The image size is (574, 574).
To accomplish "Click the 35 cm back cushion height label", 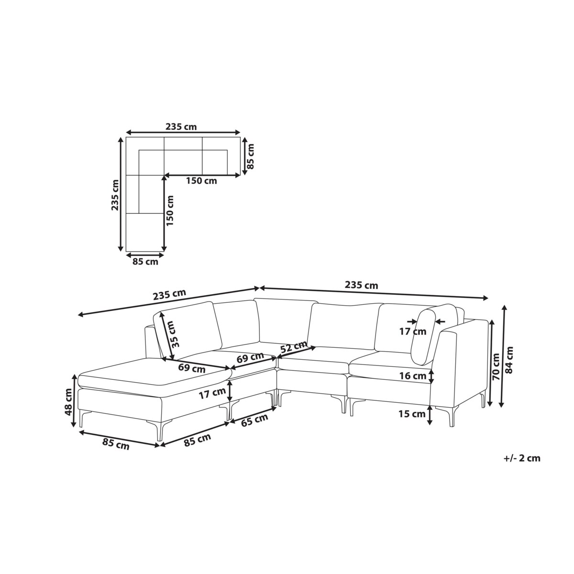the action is [x=176, y=334].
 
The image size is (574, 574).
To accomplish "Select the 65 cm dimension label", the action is [x=254, y=420].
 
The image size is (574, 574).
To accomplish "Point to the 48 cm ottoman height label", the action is [x=69, y=401].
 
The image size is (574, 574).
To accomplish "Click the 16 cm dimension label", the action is [x=413, y=376].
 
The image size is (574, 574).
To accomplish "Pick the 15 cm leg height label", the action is [x=412, y=414].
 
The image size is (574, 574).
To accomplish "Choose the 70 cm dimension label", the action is [x=496, y=367].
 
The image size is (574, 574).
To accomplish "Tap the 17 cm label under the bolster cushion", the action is [x=413, y=331].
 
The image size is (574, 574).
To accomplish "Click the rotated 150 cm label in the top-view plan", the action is [x=170, y=210].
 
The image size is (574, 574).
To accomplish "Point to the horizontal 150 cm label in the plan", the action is [x=202, y=180].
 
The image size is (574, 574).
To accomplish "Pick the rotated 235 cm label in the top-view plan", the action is [x=115, y=195].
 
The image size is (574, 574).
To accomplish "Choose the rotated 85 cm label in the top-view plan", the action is [x=251, y=156].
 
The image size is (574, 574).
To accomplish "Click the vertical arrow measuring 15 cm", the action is [x=430, y=414].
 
